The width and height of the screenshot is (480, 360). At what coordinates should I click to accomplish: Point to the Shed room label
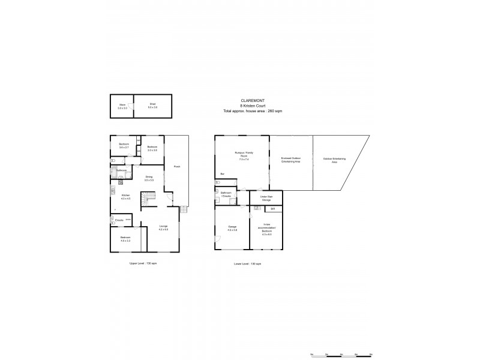click(153, 105)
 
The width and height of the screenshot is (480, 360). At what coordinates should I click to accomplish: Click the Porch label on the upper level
click(176, 167)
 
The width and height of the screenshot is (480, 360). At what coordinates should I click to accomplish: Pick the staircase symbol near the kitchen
click(148, 198)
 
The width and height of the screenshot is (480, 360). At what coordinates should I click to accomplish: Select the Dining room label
click(149, 178)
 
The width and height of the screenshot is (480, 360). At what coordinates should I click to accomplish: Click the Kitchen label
click(125, 197)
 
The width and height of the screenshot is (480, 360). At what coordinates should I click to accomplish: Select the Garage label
click(232, 228)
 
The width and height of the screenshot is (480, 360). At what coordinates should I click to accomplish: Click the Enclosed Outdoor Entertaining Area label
click(291, 160)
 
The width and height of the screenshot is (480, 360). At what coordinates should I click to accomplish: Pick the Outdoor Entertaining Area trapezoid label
click(334, 160)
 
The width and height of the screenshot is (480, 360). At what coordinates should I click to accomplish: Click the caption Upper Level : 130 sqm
click(143, 263)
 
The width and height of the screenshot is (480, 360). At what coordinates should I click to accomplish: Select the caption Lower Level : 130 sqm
click(247, 264)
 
